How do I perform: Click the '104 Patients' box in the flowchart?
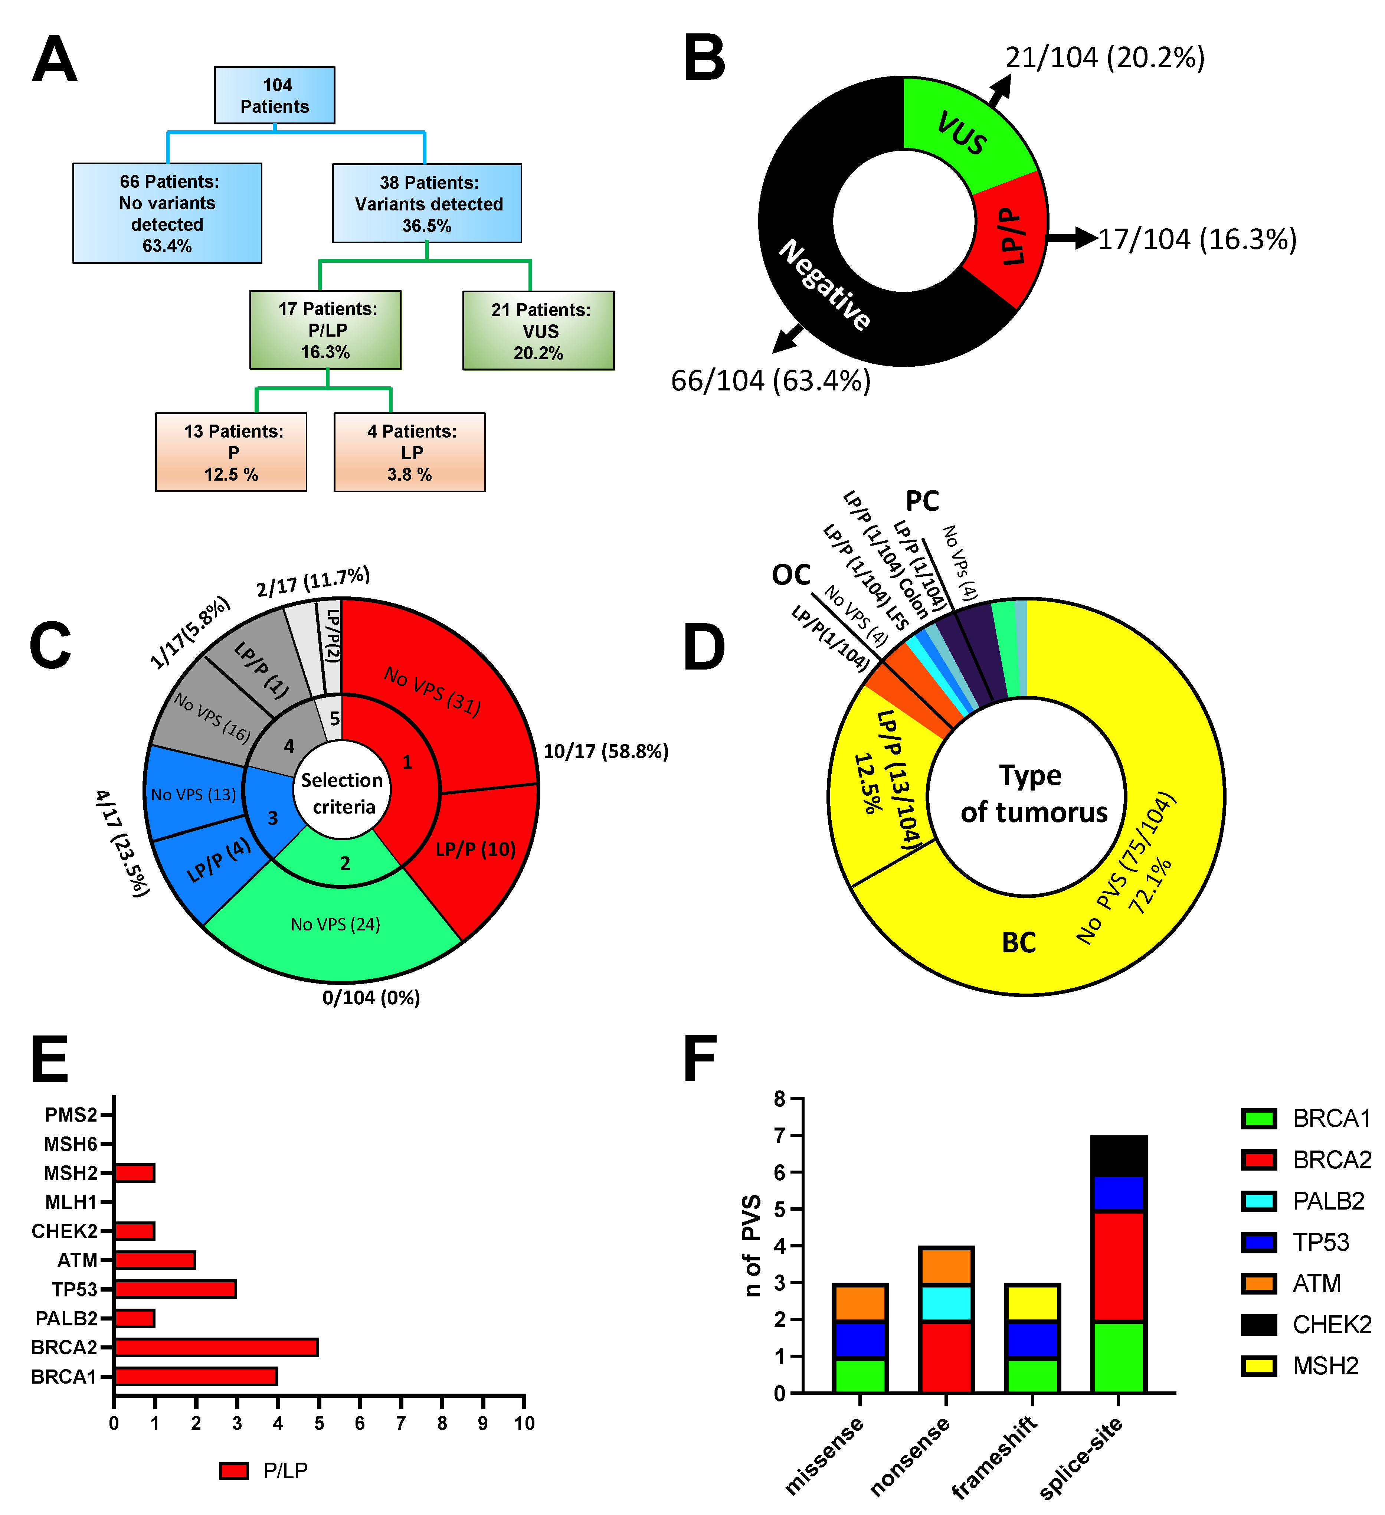point(274,95)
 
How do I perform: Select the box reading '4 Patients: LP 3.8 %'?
point(410,452)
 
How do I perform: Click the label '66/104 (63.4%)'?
point(770,381)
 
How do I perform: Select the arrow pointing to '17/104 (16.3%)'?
point(1071,238)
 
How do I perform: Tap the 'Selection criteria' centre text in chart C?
point(343,794)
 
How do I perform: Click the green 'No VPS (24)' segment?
point(335,925)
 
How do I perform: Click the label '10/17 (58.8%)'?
point(606,752)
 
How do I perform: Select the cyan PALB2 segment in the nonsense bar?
point(946,1302)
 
